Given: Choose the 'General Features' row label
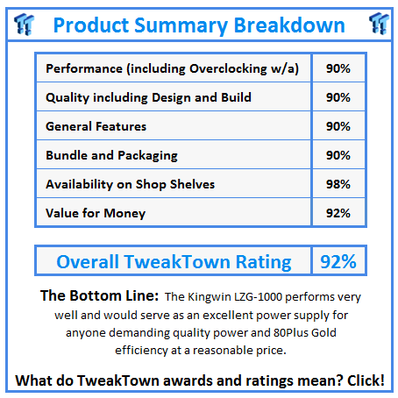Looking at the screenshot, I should [96, 126].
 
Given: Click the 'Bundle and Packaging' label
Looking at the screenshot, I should [111, 155].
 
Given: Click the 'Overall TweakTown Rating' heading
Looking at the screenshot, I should [174, 261].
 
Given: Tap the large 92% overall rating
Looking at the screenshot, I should [337, 261].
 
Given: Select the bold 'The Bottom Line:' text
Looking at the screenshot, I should [98, 296].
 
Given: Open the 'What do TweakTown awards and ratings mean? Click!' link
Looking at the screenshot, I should [199, 380].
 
